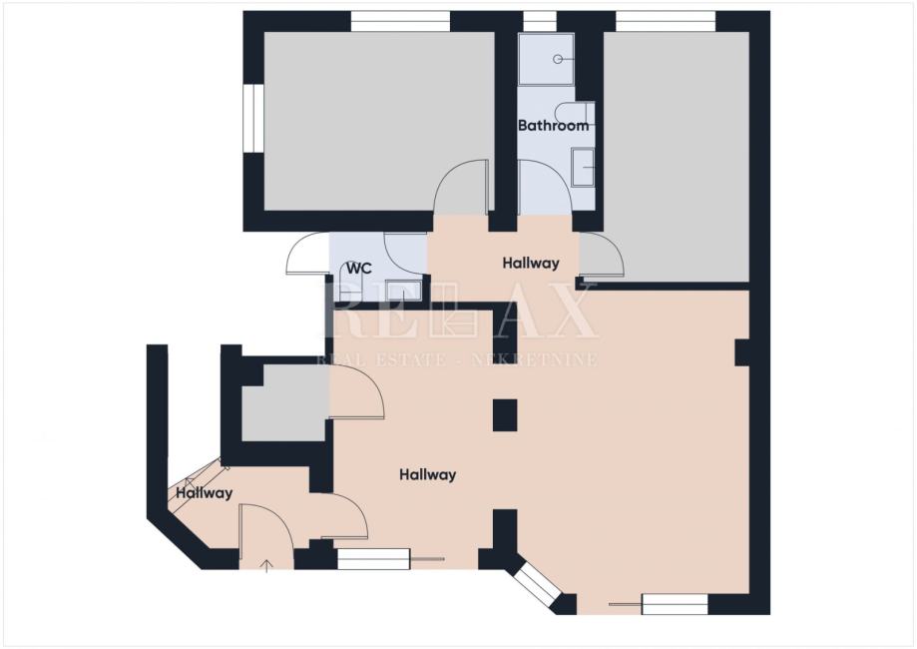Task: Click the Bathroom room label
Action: (553, 125)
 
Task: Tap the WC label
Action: (359, 269)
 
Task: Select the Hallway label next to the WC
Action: (531, 264)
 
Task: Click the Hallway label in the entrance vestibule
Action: (205, 493)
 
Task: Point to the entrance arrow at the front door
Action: (266, 565)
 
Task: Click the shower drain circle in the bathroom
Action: (558, 59)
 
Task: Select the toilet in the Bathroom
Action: (575, 114)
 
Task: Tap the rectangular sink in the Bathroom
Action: (583, 168)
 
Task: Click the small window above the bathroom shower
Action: (539, 22)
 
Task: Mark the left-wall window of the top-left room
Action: (253, 119)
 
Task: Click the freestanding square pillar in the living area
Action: (505, 415)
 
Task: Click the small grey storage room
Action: (284, 402)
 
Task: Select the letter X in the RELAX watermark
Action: (573, 317)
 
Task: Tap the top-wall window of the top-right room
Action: (666, 22)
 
